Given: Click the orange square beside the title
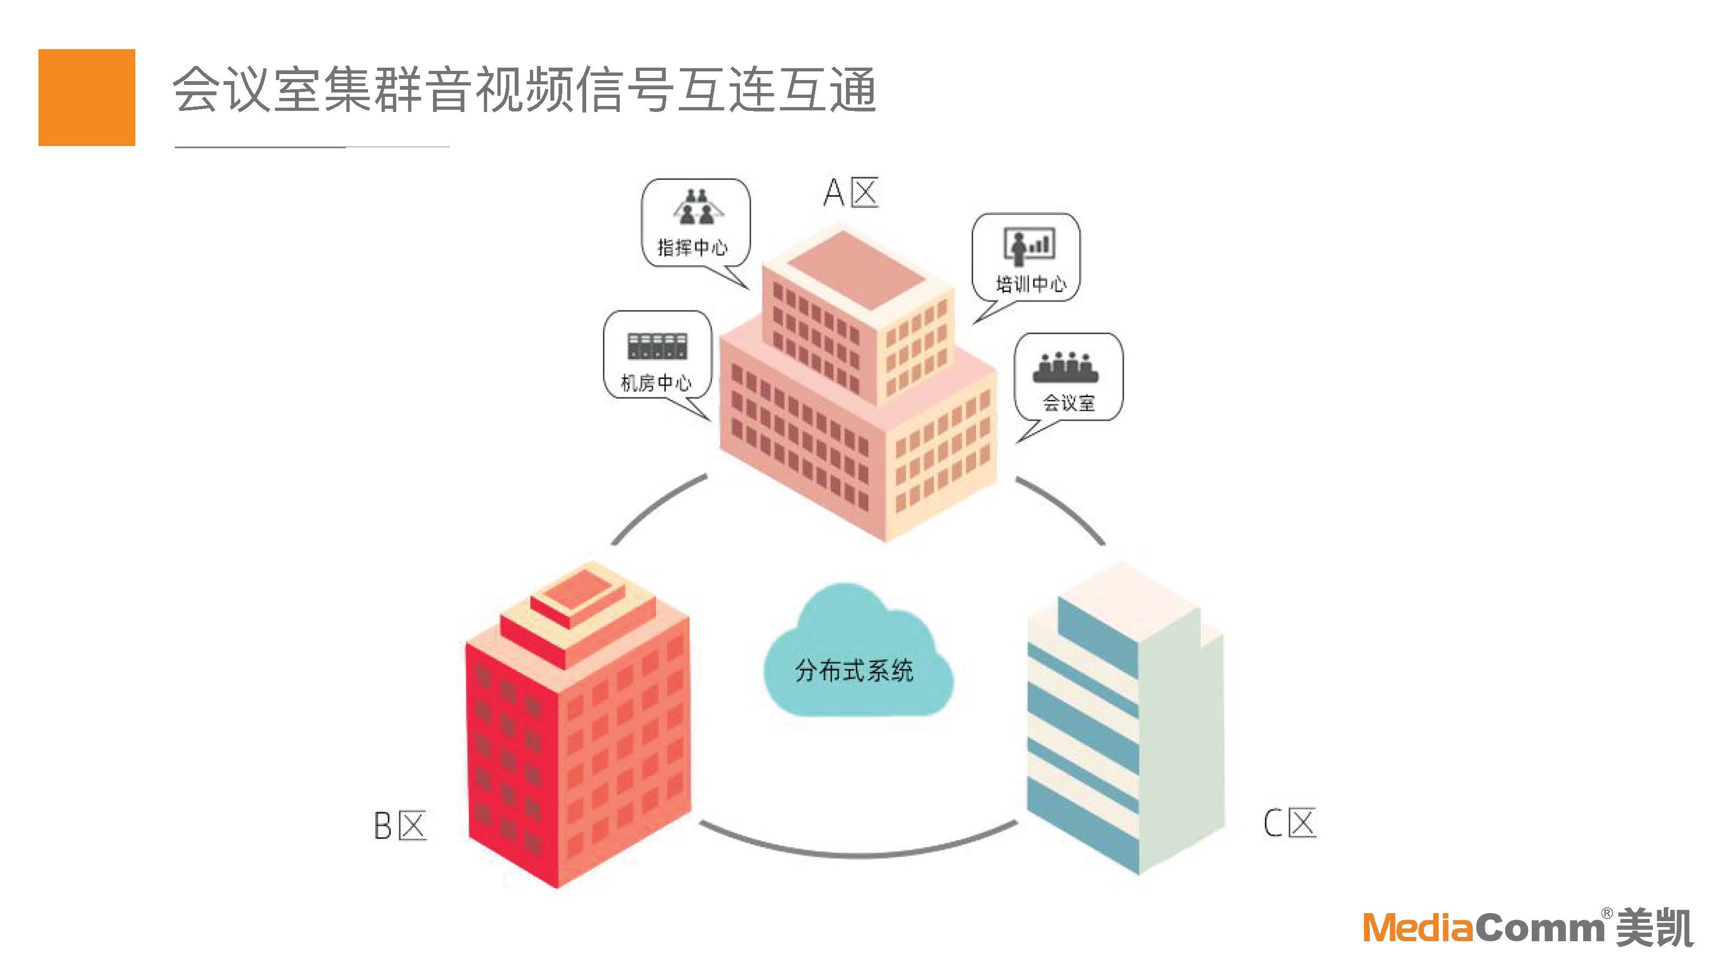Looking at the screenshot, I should coord(86,97).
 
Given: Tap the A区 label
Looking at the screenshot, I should coord(850,193).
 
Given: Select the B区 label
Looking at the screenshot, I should coord(399,825).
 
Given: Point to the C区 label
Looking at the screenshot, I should coord(1289,823).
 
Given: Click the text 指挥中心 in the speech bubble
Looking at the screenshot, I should coord(692,248).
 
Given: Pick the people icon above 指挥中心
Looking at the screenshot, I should coord(697,206).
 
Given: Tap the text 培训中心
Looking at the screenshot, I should coord(1030,285).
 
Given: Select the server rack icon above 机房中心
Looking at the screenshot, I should coord(657,346).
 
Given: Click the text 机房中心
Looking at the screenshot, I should coord(655,383).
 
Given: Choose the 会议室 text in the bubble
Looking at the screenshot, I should coord(1068,404).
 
